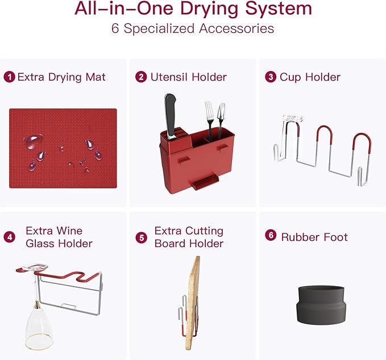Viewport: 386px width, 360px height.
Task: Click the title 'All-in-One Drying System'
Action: (193, 9)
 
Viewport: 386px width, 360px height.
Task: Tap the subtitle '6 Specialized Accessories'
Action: (193, 28)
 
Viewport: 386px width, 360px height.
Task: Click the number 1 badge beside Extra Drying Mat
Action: (9, 77)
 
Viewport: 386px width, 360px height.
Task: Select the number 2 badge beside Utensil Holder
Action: (141, 77)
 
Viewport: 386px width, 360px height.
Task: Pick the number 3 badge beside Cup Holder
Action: (271, 77)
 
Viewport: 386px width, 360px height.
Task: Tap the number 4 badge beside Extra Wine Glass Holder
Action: (9, 237)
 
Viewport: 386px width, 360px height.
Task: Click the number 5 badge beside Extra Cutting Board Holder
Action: (141, 237)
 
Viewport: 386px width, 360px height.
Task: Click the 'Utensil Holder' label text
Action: (188, 77)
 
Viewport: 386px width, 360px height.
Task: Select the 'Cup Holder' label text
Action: (310, 77)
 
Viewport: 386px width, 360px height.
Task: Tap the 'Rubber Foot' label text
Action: (314, 237)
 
